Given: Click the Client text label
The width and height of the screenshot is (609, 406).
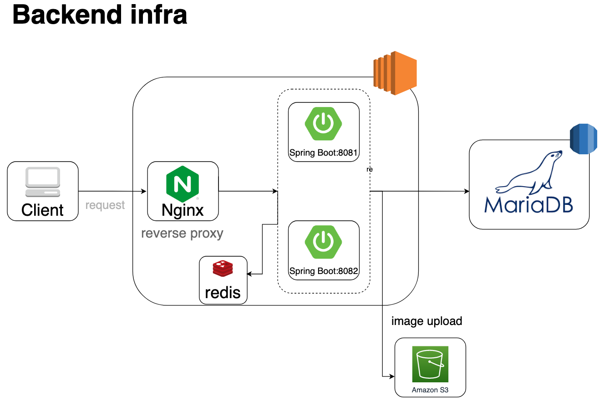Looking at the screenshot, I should point(43,210).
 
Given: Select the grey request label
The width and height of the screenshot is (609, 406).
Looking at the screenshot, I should point(105,205).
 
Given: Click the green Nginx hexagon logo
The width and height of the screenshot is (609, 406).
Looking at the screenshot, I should point(183,184).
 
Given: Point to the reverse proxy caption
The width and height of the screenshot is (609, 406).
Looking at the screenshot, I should point(182,233).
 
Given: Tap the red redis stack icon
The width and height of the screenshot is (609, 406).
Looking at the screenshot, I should point(223,269).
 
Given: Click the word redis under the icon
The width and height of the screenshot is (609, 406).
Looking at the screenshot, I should point(223,292).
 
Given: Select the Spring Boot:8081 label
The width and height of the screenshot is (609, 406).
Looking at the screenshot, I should point(324,153).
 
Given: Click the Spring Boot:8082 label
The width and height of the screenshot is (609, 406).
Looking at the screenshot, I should point(324,271).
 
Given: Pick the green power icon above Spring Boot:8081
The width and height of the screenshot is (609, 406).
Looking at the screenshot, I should point(324,123).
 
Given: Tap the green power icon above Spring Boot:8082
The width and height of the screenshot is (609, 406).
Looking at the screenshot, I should point(324,241).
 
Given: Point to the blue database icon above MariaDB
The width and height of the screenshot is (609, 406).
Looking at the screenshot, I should point(584,138).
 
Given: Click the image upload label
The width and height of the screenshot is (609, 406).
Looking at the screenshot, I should point(426,321).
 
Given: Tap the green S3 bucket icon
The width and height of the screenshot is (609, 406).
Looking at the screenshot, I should point(430,364).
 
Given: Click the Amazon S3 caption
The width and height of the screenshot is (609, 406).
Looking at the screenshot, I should point(430,390).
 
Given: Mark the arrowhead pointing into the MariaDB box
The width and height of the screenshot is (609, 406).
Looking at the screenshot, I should point(467,192).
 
